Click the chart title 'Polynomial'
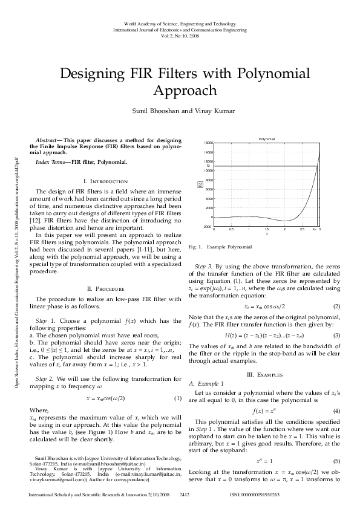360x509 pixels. [267, 139]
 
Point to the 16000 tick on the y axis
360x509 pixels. [209, 143]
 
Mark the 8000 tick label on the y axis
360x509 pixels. [209, 180]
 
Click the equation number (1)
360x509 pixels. [178, 398]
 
